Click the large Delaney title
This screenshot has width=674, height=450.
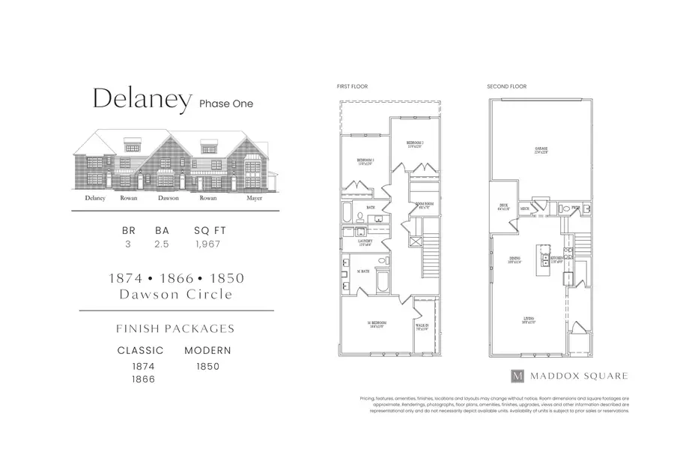140,100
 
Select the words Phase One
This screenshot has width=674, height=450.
226,103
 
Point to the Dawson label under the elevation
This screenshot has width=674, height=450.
168,199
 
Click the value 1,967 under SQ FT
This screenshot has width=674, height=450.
207,244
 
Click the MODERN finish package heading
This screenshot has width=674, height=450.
207,350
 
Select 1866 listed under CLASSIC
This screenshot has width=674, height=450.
144,379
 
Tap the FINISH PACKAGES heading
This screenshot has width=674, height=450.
175,328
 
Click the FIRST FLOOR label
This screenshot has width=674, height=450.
352,87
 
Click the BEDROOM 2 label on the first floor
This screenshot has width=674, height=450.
414,142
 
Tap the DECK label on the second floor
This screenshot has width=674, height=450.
504,207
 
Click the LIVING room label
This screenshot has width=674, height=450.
529,319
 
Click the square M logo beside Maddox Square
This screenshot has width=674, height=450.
517,375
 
